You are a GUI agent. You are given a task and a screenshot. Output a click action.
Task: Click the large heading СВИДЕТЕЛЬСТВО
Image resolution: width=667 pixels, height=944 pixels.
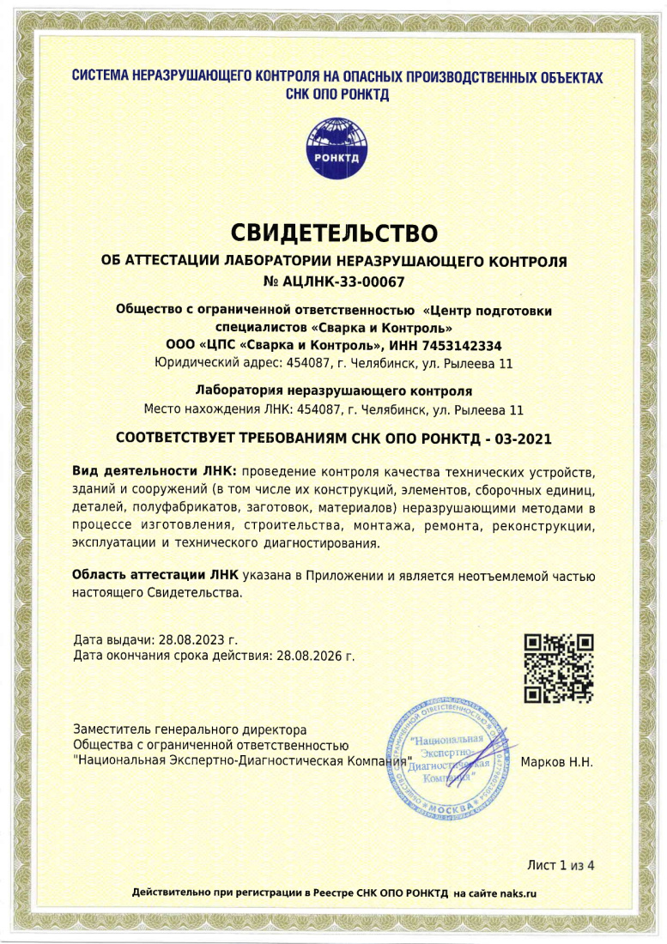(335, 232)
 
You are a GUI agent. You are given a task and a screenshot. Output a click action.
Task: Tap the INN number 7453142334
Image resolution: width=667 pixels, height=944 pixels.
(464, 345)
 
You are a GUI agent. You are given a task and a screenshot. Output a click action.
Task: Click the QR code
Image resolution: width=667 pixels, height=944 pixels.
(559, 669)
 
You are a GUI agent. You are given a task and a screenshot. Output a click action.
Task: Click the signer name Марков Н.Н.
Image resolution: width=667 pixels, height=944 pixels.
(557, 761)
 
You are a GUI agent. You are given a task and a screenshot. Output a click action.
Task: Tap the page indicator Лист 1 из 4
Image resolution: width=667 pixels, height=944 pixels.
(561, 864)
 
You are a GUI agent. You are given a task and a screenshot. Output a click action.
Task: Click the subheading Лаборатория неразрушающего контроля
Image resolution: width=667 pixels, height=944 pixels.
(335, 389)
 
